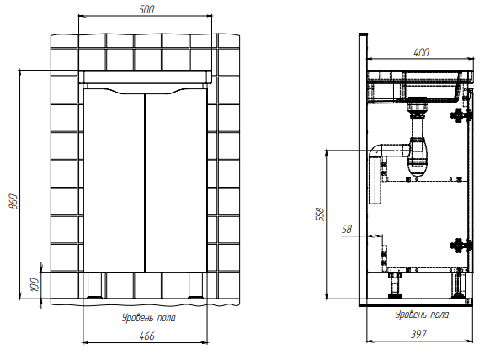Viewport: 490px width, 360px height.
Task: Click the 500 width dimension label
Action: (146, 9)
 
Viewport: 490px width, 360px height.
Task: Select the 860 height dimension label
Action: (14, 201)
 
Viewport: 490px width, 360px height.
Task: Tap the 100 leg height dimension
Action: (35, 285)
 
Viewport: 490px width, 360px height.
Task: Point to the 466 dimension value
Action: (146, 336)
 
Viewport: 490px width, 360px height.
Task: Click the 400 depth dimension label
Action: (421, 52)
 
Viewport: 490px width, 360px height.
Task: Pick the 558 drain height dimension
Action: (321, 214)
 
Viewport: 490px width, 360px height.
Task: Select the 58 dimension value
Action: (347, 229)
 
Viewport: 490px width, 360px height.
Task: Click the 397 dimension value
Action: (418, 335)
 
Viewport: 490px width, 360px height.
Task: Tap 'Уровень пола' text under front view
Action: (149, 318)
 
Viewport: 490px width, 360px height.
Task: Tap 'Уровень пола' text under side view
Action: (422, 315)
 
